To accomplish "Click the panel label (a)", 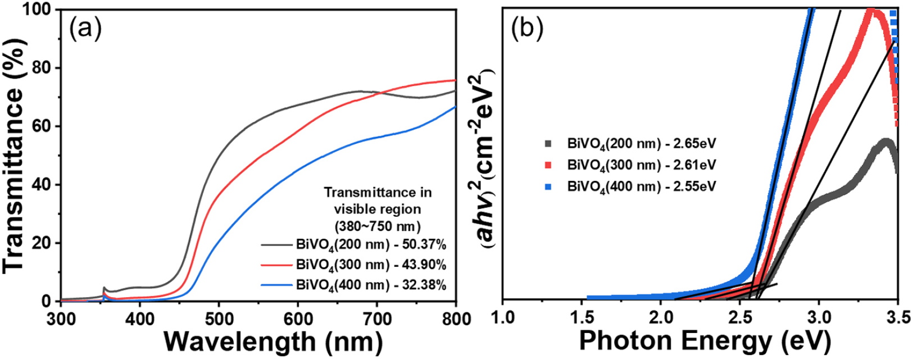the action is tap(85, 29).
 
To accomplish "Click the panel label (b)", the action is tap(527, 29).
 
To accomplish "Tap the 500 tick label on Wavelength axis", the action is tap(219, 319).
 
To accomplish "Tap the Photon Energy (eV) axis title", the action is tap(705, 341).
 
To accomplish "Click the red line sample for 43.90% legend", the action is tap(277, 265).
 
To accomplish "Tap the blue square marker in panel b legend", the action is tap(548, 187).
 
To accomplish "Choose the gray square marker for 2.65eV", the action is tap(548, 144).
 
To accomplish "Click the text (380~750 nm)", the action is tap(378, 226).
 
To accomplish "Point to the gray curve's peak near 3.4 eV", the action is tap(885, 142).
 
